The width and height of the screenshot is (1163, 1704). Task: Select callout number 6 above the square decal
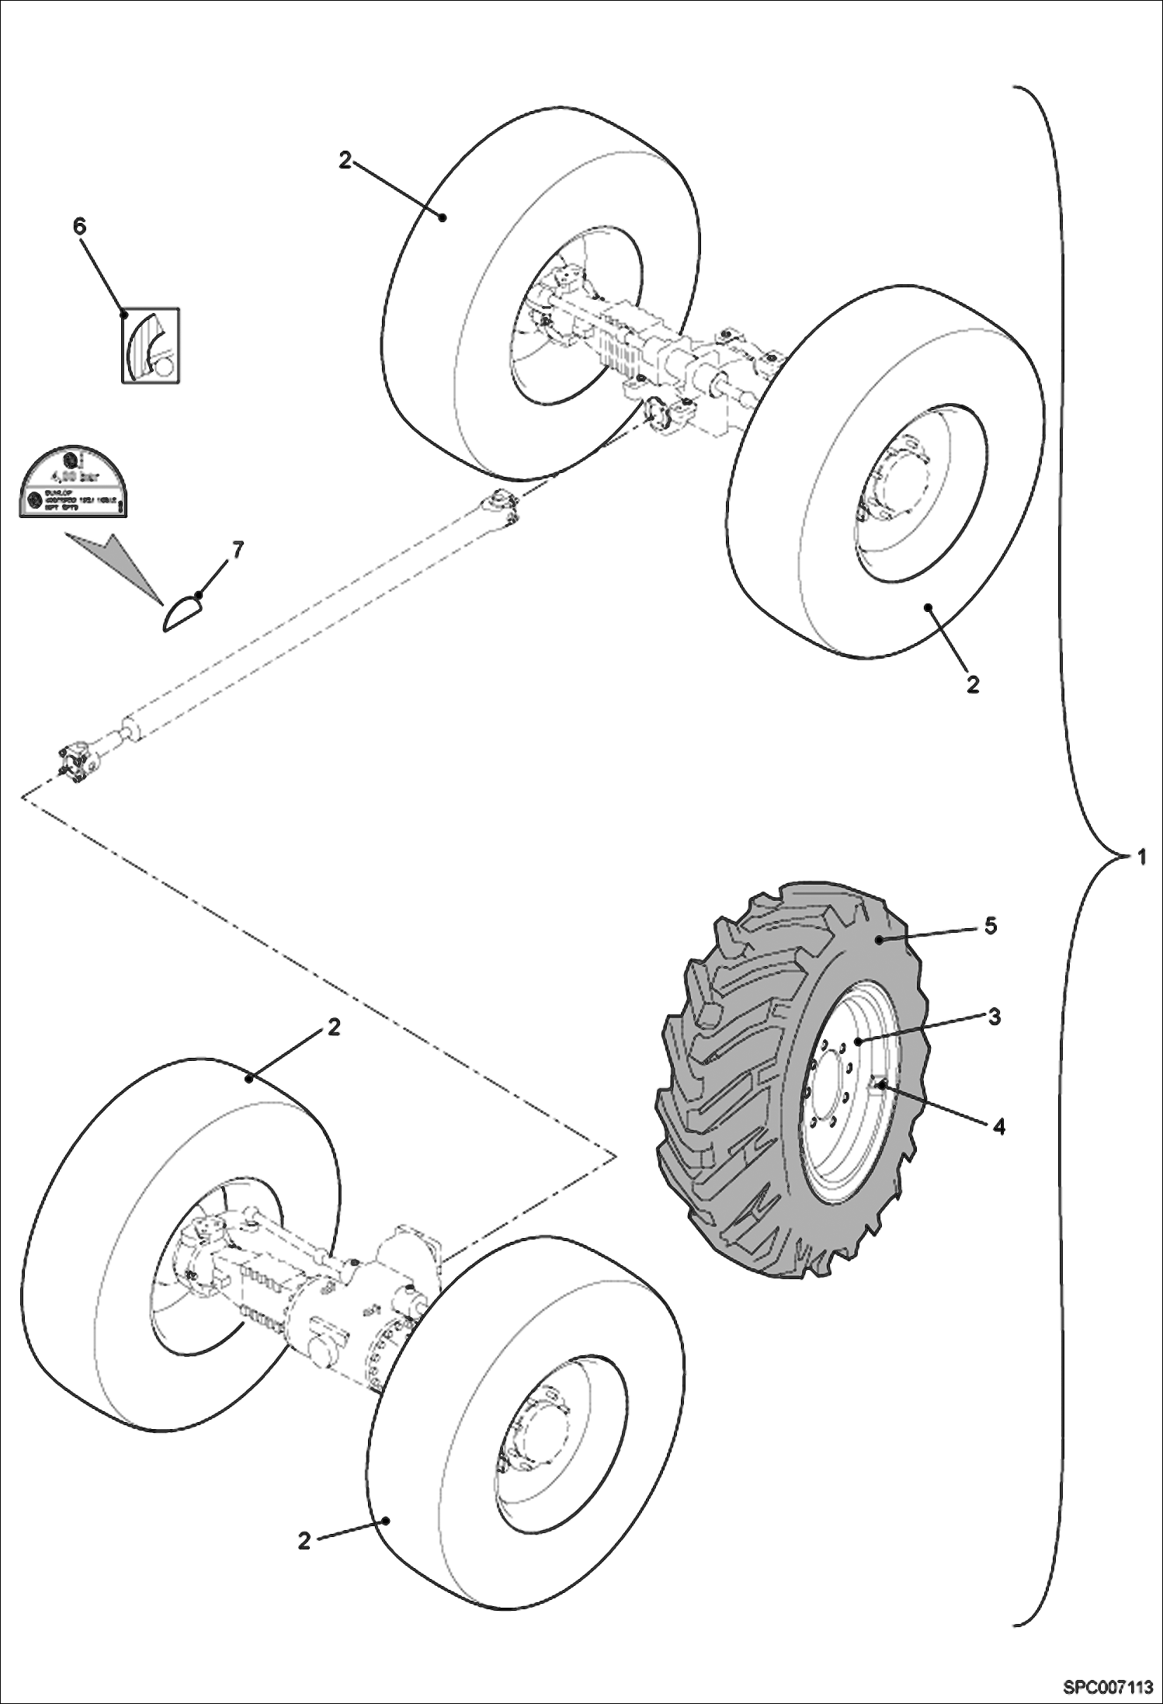pos(79,226)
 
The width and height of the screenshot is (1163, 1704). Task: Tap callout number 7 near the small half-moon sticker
pos(237,551)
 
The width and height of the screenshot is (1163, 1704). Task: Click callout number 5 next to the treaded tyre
pos(990,926)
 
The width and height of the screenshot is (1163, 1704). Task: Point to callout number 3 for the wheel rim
pos(993,1016)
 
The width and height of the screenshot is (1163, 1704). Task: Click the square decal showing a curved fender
pos(151,346)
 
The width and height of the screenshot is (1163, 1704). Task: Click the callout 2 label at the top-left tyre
pos(345,161)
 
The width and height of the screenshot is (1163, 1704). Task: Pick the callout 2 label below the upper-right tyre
pos(972,683)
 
